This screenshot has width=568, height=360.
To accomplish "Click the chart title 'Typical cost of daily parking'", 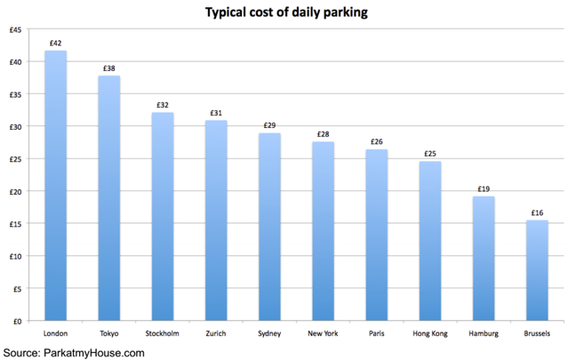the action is [x=286, y=12].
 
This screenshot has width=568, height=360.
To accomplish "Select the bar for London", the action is [x=55, y=186].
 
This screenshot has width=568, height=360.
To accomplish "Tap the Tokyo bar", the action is [x=109, y=198].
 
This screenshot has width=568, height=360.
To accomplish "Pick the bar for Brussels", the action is [x=537, y=270].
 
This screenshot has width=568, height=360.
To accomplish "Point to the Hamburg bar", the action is [x=484, y=259].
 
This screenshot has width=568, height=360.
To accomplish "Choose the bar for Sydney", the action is [x=269, y=227].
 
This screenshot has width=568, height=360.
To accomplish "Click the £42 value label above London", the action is [x=55, y=43].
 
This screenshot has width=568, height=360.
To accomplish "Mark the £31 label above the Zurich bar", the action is [x=216, y=113].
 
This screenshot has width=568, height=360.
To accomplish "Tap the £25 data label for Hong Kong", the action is [x=430, y=154].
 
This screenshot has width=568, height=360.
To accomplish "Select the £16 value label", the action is [x=537, y=212].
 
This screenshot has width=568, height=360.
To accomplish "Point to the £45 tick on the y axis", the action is [x=16, y=30].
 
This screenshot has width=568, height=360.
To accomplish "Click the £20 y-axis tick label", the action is [x=16, y=192].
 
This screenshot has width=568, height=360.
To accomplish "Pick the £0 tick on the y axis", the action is [x=18, y=321].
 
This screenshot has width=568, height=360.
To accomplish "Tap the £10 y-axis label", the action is [x=16, y=256].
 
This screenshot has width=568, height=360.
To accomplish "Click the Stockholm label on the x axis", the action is [x=163, y=333].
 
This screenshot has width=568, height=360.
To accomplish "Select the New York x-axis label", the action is [x=323, y=333].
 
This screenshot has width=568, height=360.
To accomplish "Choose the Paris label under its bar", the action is [x=376, y=333].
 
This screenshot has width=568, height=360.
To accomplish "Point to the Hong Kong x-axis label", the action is [x=430, y=333].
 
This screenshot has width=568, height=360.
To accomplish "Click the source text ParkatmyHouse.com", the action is [x=94, y=353].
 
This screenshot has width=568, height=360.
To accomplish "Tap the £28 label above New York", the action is [x=324, y=134].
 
